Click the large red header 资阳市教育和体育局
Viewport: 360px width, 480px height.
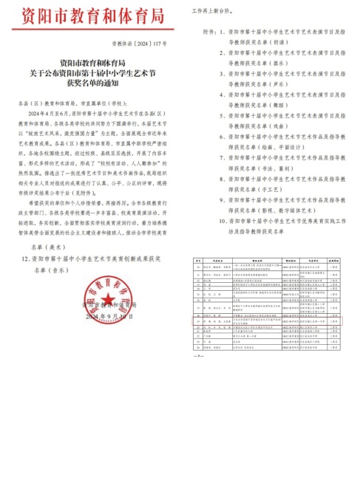coord(90,16)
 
